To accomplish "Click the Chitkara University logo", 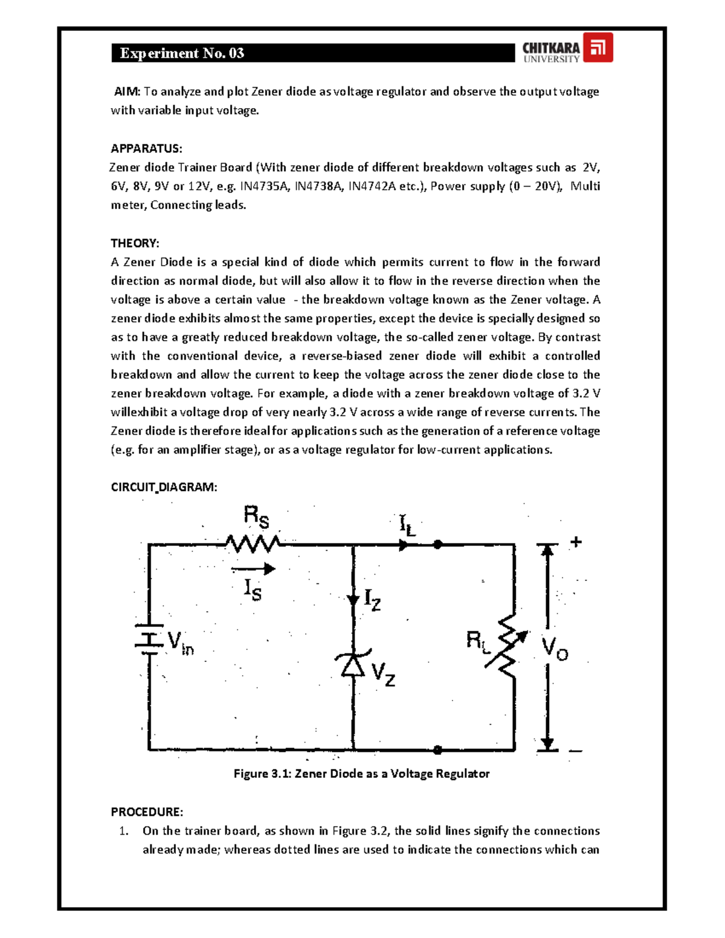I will (567, 48).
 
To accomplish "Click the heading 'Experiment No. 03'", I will (182, 53).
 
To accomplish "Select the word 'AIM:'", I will (127, 92).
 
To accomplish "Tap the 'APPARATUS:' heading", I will (146, 149).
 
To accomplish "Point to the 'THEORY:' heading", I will (135, 243).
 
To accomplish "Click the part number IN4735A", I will (264, 186).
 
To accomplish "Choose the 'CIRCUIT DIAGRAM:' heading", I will (164, 487).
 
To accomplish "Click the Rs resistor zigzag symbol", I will (252, 544).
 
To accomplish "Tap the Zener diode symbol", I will (353, 664).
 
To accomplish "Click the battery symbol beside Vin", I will (149, 639).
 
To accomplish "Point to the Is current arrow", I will (253, 568).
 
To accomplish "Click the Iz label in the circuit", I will (372, 600).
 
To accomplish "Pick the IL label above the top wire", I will (408, 525).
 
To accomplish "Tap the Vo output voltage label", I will (555, 649).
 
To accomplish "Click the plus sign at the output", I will (576, 542).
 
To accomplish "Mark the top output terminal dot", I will (438, 544).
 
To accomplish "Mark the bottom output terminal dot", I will (438, 750).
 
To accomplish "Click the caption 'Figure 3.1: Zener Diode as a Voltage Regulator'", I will (361, 774).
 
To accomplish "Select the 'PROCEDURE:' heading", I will (147, 812).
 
